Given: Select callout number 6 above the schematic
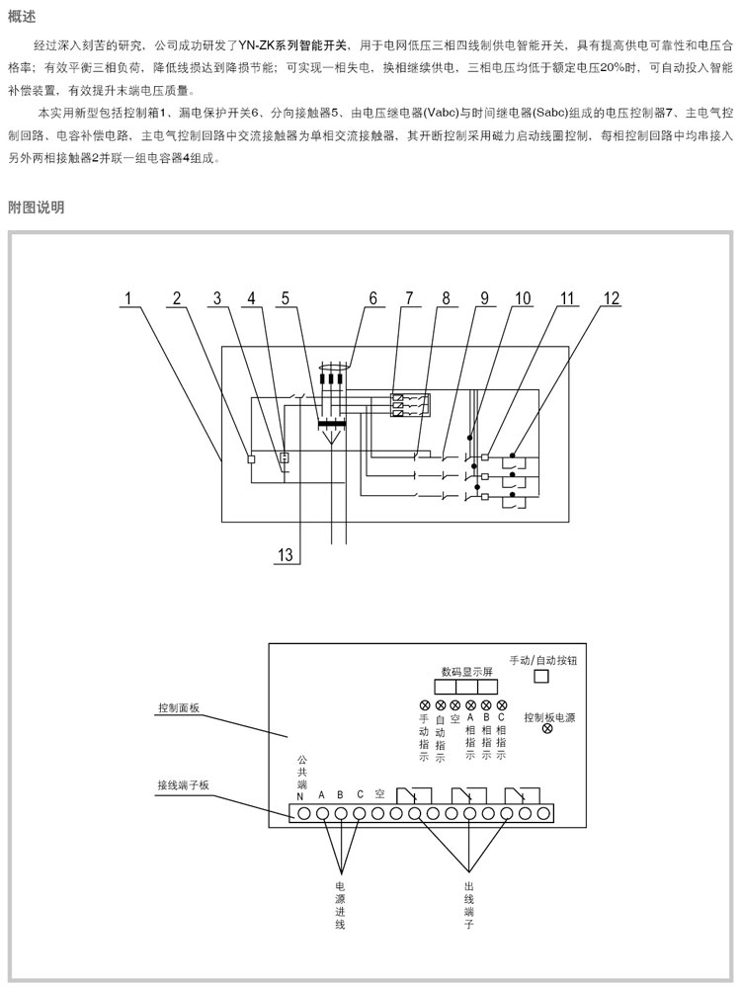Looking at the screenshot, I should (373, 297).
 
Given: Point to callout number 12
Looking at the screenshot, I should (613, 297).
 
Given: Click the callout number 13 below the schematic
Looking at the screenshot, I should (285, 555).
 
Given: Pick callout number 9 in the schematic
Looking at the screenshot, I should (484, 297).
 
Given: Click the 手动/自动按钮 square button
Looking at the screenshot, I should (540, 677).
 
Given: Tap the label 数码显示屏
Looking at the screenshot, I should (460, 671).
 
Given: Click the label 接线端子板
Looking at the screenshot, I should (183, 784).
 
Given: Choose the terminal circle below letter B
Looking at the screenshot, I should (340, 813).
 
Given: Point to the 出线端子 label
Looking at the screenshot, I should (469, 905).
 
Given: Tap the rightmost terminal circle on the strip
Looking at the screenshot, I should (542, 813).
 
